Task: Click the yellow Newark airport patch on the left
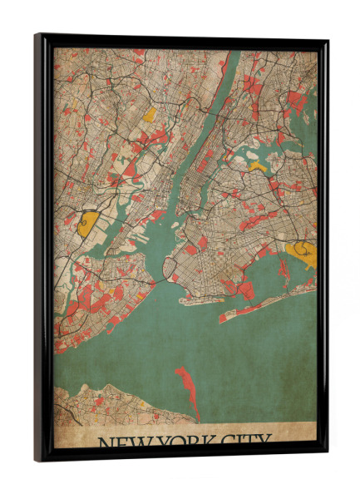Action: (88, 222)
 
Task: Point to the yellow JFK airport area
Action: (301, 253)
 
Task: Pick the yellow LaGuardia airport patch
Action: (258, 166)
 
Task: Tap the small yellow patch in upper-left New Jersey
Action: (150, 115)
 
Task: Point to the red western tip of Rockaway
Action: (224, 318)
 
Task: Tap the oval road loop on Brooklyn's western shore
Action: (170, 267)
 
